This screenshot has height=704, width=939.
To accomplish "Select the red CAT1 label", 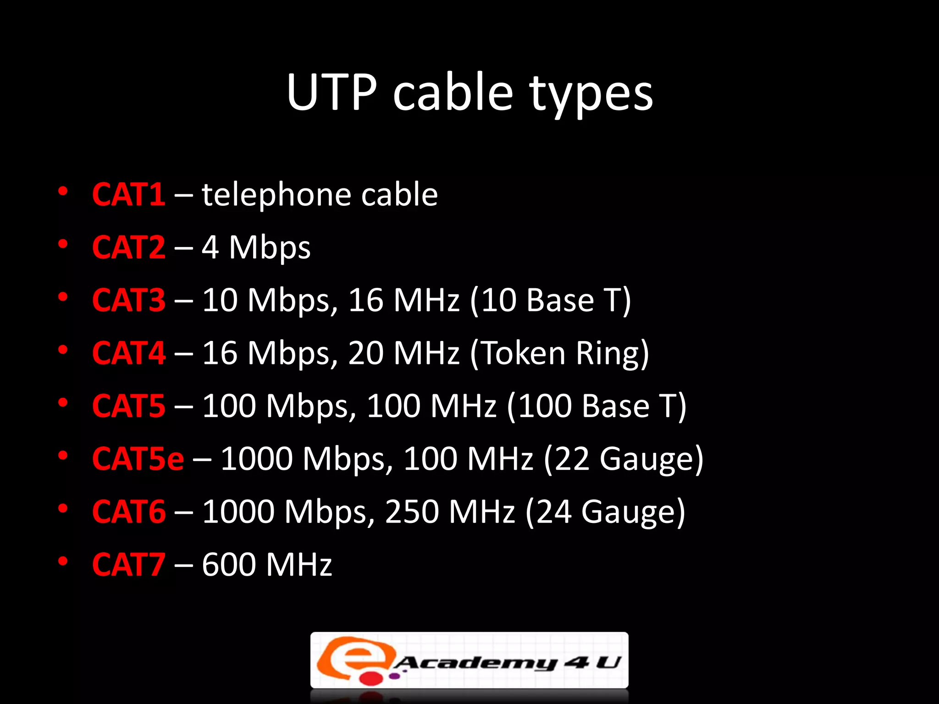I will coord(128,195).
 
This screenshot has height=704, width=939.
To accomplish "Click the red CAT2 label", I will coord(128,247).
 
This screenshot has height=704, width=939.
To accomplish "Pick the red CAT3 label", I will coord(128,301).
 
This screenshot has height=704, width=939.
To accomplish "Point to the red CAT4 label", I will coord(128,353).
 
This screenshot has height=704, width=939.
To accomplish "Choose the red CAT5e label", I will coord(138,459).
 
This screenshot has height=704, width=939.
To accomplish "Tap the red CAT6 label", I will coord(128,511).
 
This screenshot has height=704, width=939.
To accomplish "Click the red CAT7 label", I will coord(128,565).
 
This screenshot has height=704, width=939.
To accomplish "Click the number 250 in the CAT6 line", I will coord(412,511).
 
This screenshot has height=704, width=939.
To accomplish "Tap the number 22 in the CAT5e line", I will coord(572,459).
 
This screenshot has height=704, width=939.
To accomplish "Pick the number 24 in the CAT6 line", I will coord(553,511).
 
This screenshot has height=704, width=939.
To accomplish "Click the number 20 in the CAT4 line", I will coord(366,353).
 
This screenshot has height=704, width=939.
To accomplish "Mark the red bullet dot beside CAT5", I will coord(63,403).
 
